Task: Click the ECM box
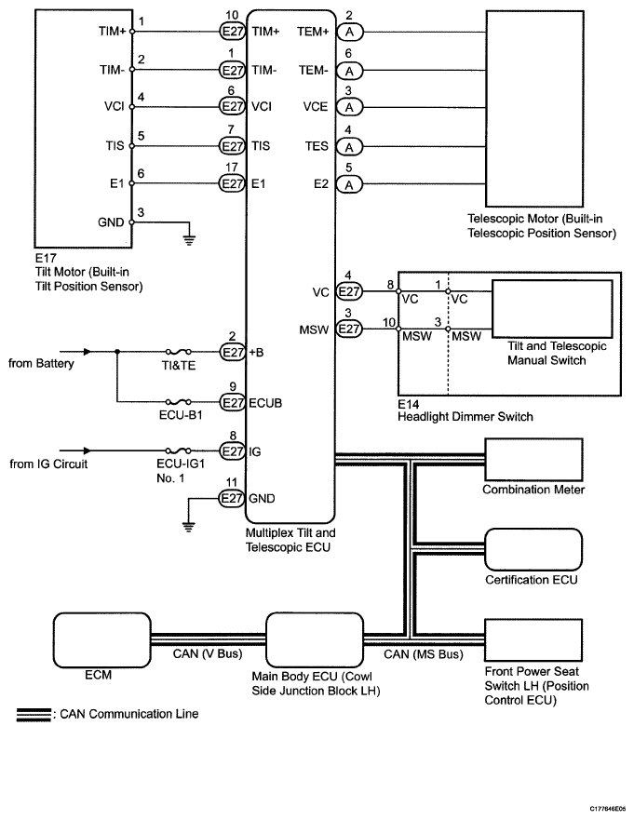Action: [x=102, y=640]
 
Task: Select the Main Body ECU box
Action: [x=315, y=640]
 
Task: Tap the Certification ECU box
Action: [x=533, y=550]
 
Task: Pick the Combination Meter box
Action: [x=533, y=460]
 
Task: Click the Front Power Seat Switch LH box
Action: [x=533, y=640]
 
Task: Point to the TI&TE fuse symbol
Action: [x=178, y=352]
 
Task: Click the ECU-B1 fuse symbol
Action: [x=178, y=402]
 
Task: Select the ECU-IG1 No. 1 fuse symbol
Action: [x=178, y=450]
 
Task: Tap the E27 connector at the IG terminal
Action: [x=232, y=450]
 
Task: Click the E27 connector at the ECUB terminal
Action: [x=232, y=403]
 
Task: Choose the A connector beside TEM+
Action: [x=349, y=32]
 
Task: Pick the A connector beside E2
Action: [x=349, y=184]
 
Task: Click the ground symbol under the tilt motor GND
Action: [x=189, y=239]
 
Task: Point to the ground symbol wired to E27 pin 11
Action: [x=189, y=526]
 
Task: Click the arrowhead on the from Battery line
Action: [x=88, y=352]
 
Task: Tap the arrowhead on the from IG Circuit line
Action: [x=88, y=450]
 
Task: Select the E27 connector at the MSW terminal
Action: [x=349, y=329]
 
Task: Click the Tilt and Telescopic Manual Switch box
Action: [x=552, y=308]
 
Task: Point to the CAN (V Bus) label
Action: [x=208, y=653]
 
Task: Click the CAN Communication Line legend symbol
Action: [x=34, y=715]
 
